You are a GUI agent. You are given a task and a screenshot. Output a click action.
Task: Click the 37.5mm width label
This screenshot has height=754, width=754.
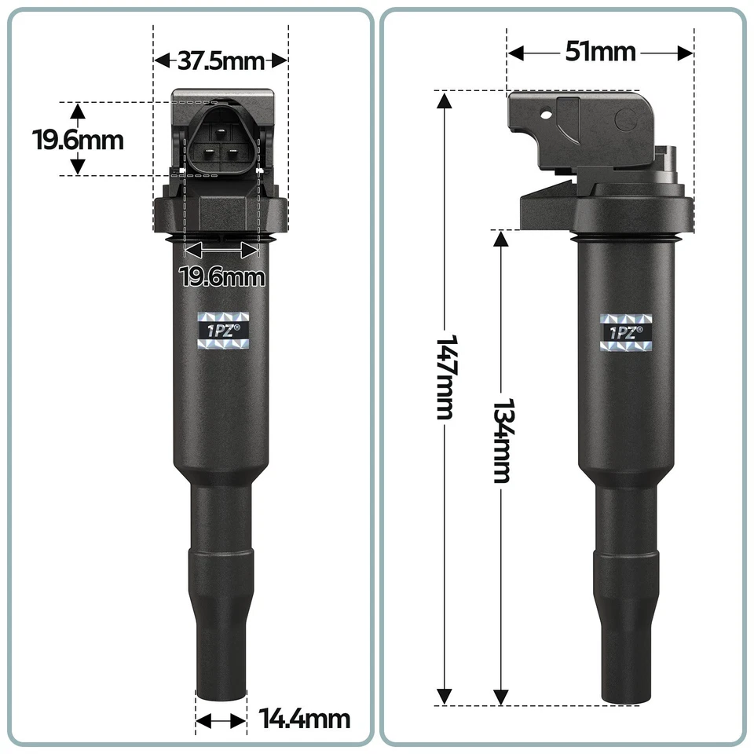(221, 60)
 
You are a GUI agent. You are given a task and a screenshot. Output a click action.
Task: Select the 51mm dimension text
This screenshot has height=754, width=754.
(600, 53)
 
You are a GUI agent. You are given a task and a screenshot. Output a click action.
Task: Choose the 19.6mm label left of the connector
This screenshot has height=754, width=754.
(78, 140)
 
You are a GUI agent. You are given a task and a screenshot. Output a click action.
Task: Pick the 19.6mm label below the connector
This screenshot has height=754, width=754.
(222, 276)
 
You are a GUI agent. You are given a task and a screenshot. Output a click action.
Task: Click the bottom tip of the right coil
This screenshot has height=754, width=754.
(626, 699)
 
